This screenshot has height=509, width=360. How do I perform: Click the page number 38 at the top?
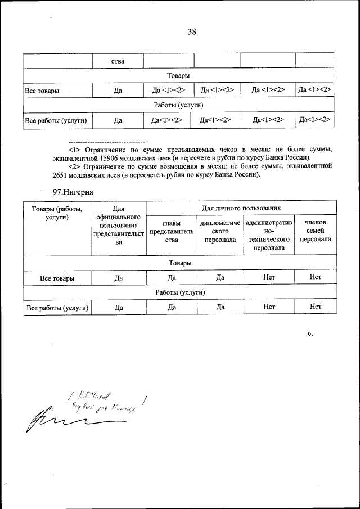point(191,32)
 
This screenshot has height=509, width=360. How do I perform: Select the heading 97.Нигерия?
point(73,192)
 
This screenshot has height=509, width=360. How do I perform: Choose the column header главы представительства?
point(172,232)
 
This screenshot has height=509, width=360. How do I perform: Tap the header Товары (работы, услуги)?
point(57,214)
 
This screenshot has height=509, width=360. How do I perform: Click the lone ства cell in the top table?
point(118,61)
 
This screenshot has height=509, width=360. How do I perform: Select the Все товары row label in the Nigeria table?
point(57,278)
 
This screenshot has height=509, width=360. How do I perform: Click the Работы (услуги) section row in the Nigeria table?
point(180,292)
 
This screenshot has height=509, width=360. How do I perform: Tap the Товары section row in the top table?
point(178,75)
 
